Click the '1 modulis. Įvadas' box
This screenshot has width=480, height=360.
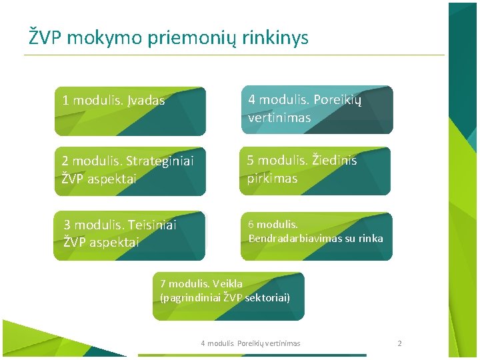130,111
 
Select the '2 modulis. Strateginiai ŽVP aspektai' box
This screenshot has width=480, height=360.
130,171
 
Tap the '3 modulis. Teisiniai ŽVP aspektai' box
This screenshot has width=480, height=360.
130,235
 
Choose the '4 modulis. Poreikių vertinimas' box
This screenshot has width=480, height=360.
316,109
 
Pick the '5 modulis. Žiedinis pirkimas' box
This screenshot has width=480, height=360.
316,171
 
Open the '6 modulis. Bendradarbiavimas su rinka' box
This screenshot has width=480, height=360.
316,235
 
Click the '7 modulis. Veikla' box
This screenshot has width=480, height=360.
229,296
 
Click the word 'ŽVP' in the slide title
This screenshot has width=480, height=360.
45,37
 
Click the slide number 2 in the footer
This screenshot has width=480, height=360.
399,343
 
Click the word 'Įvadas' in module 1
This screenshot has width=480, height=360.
145,101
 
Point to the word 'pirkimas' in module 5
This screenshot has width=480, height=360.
272,179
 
